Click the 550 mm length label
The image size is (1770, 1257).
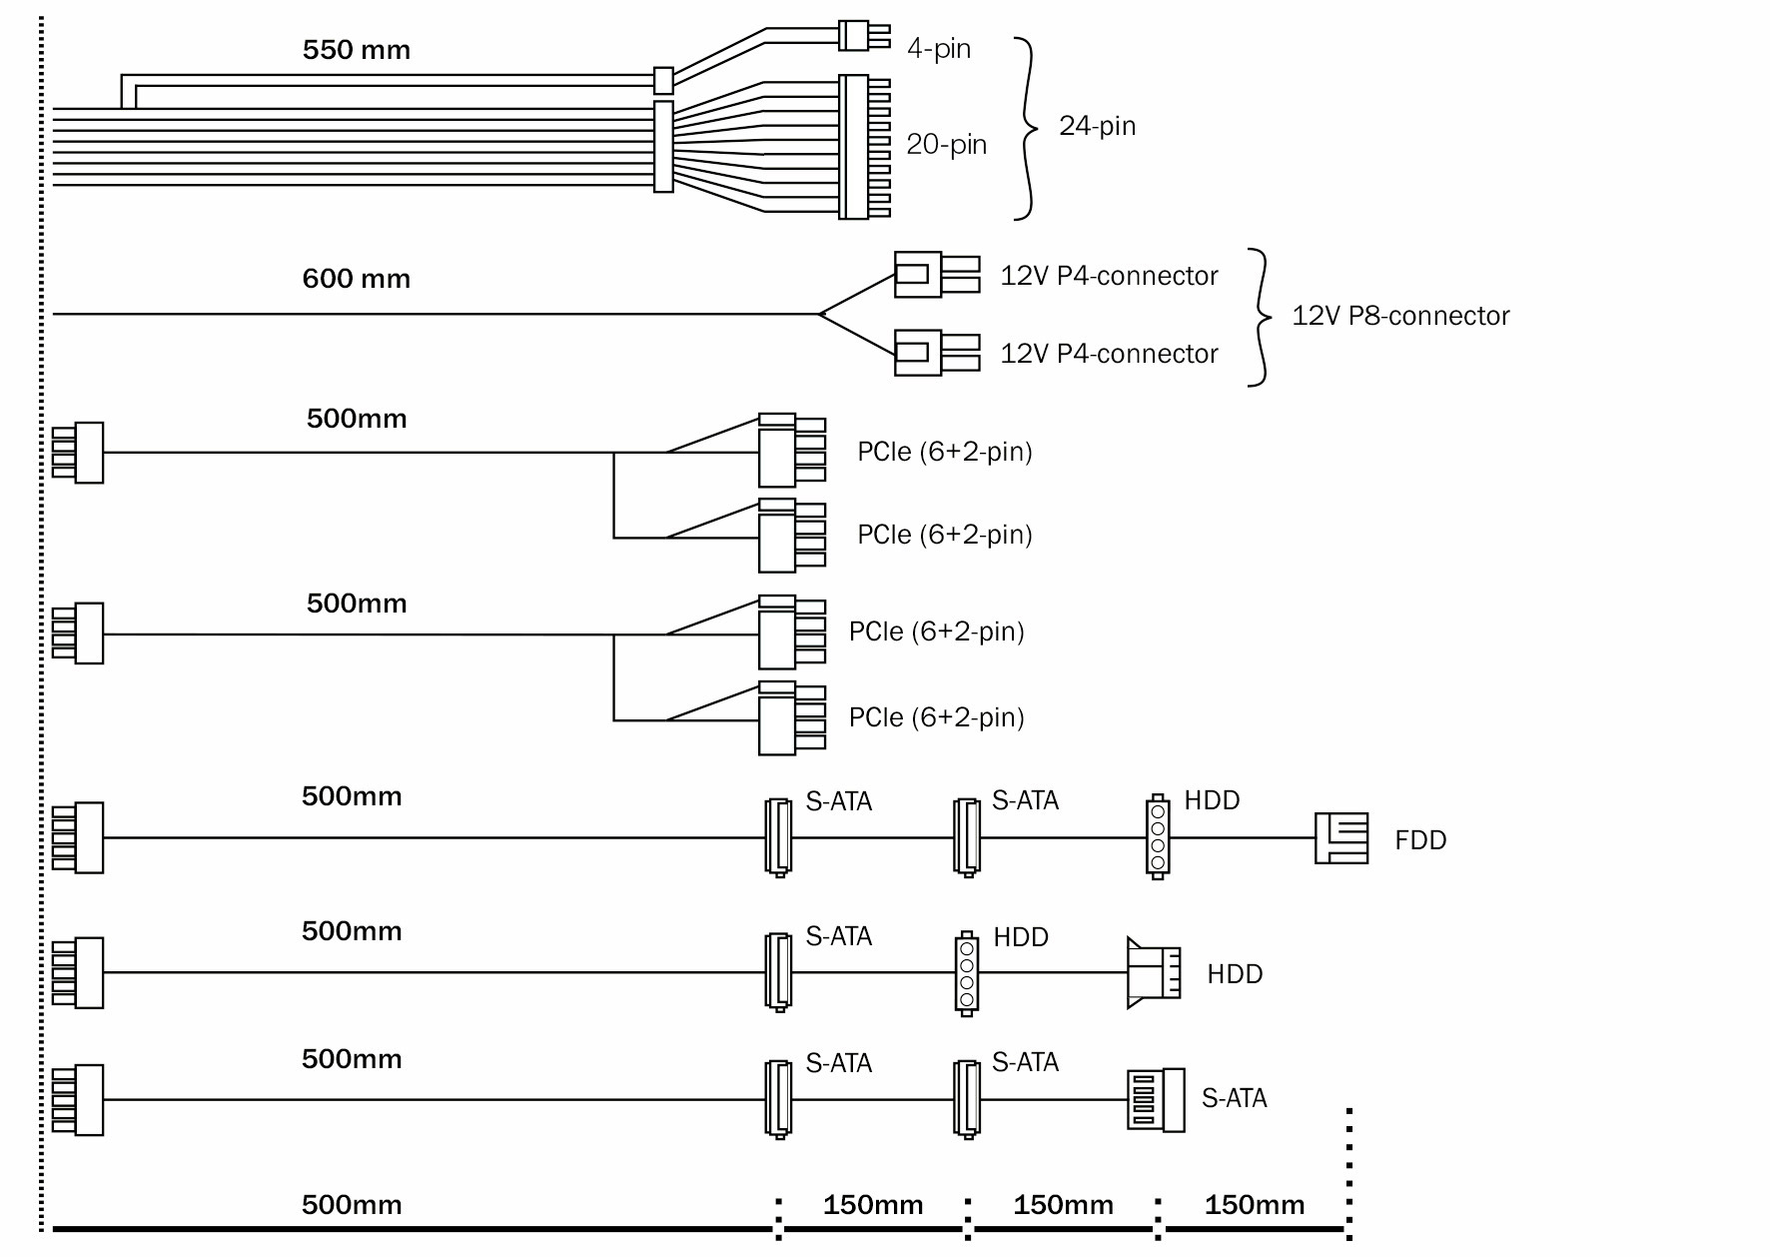357,50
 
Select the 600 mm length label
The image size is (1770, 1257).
357,278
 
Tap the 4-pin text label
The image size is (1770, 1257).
939,48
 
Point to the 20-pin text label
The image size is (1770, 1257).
946,145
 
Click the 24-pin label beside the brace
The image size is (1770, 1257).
1097,126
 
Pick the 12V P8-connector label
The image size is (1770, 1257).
1400,316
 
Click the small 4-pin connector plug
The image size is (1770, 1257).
862,36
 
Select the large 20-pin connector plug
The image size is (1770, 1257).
862,147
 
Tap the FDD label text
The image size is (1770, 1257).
1420,840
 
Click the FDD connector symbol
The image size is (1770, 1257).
1341,837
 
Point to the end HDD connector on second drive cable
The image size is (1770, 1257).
1154,972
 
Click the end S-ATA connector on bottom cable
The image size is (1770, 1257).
1156,1099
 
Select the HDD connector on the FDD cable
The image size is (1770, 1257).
1157,837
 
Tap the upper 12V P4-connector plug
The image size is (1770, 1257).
934,274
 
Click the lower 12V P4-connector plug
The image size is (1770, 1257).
934,352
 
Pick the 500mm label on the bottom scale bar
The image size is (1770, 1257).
352,1204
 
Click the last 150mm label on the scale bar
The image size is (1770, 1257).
1254,1205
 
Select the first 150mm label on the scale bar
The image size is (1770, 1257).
872,1205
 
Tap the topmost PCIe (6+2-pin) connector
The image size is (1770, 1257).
790,450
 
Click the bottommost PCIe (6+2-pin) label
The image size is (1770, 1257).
936,717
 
